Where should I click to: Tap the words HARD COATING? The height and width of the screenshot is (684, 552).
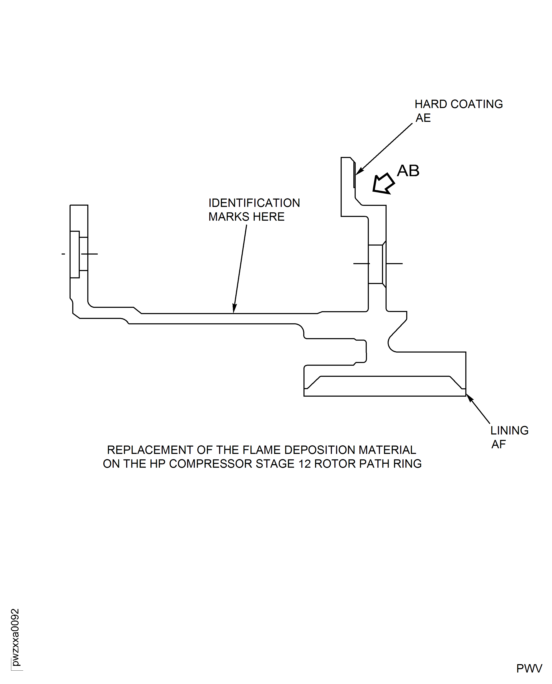pos(458,104)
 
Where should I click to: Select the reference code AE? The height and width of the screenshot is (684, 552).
pos(423,118)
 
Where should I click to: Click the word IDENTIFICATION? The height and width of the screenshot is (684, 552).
pos(254,203)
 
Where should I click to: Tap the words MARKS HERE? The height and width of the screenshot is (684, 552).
pos(246,217)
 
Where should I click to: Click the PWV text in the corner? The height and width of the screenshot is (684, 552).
pos(529,668)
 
